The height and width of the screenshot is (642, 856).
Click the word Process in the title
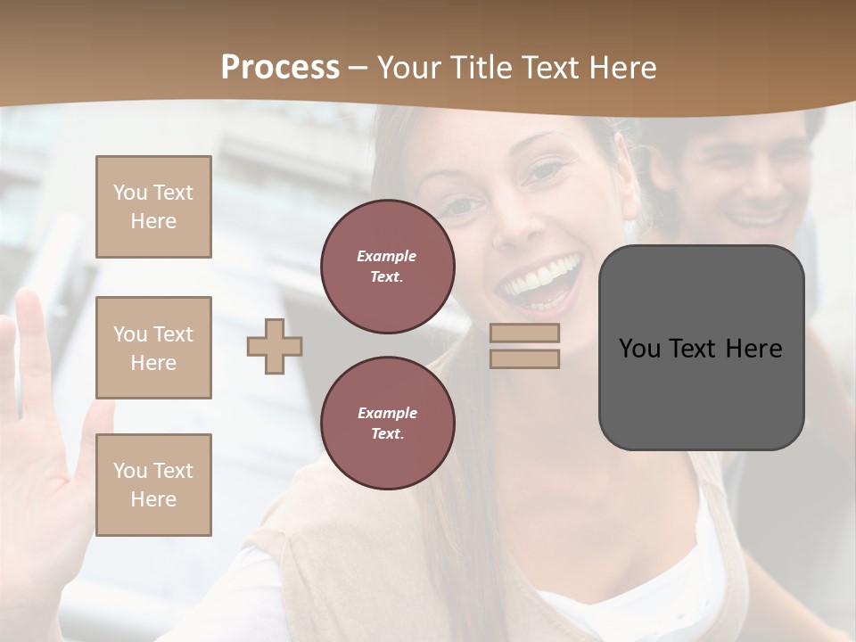click(x=280, y=68)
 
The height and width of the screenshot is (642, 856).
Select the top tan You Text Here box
click(x=153, y=207)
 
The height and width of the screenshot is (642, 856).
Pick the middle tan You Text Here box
click(x=153, y=348)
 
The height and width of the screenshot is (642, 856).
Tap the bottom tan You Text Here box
click(x=153, y=485)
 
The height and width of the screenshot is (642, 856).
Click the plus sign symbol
click(x=275, y=346)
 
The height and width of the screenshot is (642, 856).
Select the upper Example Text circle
click(x=387, y=267)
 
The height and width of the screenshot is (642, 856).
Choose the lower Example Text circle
click(x=387, y=423)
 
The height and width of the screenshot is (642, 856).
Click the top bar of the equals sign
click(x=525, y=333)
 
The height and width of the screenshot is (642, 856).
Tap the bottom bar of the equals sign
click(x=525, y=359)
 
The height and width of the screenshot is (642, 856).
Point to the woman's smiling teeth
click(x=540, y=277)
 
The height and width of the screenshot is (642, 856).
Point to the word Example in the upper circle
click(x=387, y=256)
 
